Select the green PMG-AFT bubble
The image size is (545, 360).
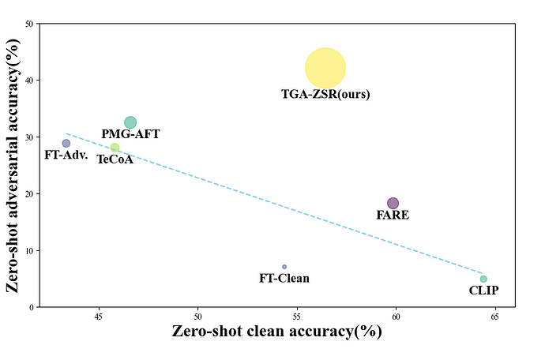pos(130,122)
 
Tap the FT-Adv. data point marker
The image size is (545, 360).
pos(66,144)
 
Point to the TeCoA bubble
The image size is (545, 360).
pos(115,148)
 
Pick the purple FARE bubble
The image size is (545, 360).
pos(393,203)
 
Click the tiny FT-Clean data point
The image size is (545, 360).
pos(284,267)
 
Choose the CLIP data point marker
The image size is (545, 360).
pos(483,279)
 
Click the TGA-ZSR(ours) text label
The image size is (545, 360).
pos(325,95)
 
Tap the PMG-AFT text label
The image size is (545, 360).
pos(130,135)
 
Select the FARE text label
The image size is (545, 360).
pos(393,215)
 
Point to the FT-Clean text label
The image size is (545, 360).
pos(284,278)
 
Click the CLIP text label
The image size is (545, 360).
pos(483,291)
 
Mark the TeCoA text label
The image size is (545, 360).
pos(115,159)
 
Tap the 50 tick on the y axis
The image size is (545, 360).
pos(29,24)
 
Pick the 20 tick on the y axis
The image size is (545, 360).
pos(29,193)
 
